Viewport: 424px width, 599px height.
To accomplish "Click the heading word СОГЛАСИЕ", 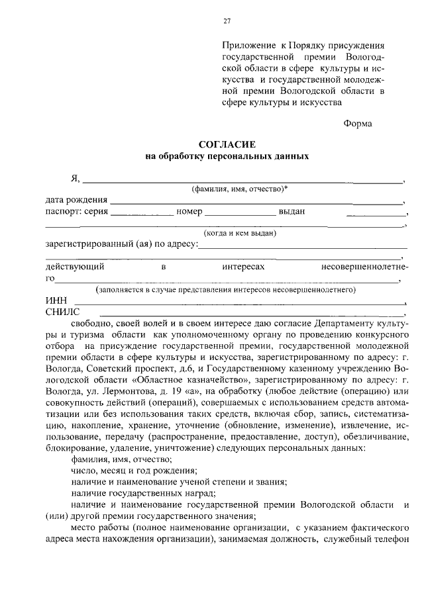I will tap(227, 144).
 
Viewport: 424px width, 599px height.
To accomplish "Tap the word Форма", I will tap(358, 123).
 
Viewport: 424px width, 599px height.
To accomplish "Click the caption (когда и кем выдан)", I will tap(240, 233).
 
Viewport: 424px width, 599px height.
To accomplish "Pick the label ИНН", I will tap(56, 301).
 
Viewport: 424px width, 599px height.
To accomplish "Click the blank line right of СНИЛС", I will tap(252, 315).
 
